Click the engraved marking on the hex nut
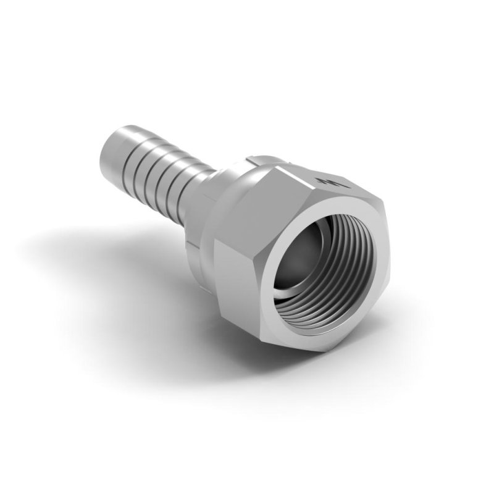tap(328, 181)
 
